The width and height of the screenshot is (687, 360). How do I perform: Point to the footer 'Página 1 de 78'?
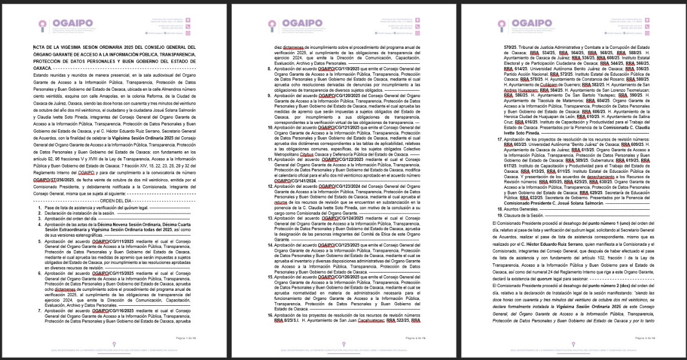click(189, 338)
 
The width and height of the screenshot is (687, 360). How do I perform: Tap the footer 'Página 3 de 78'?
click(647, 338)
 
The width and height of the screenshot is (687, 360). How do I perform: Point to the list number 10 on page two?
click(270, 128)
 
